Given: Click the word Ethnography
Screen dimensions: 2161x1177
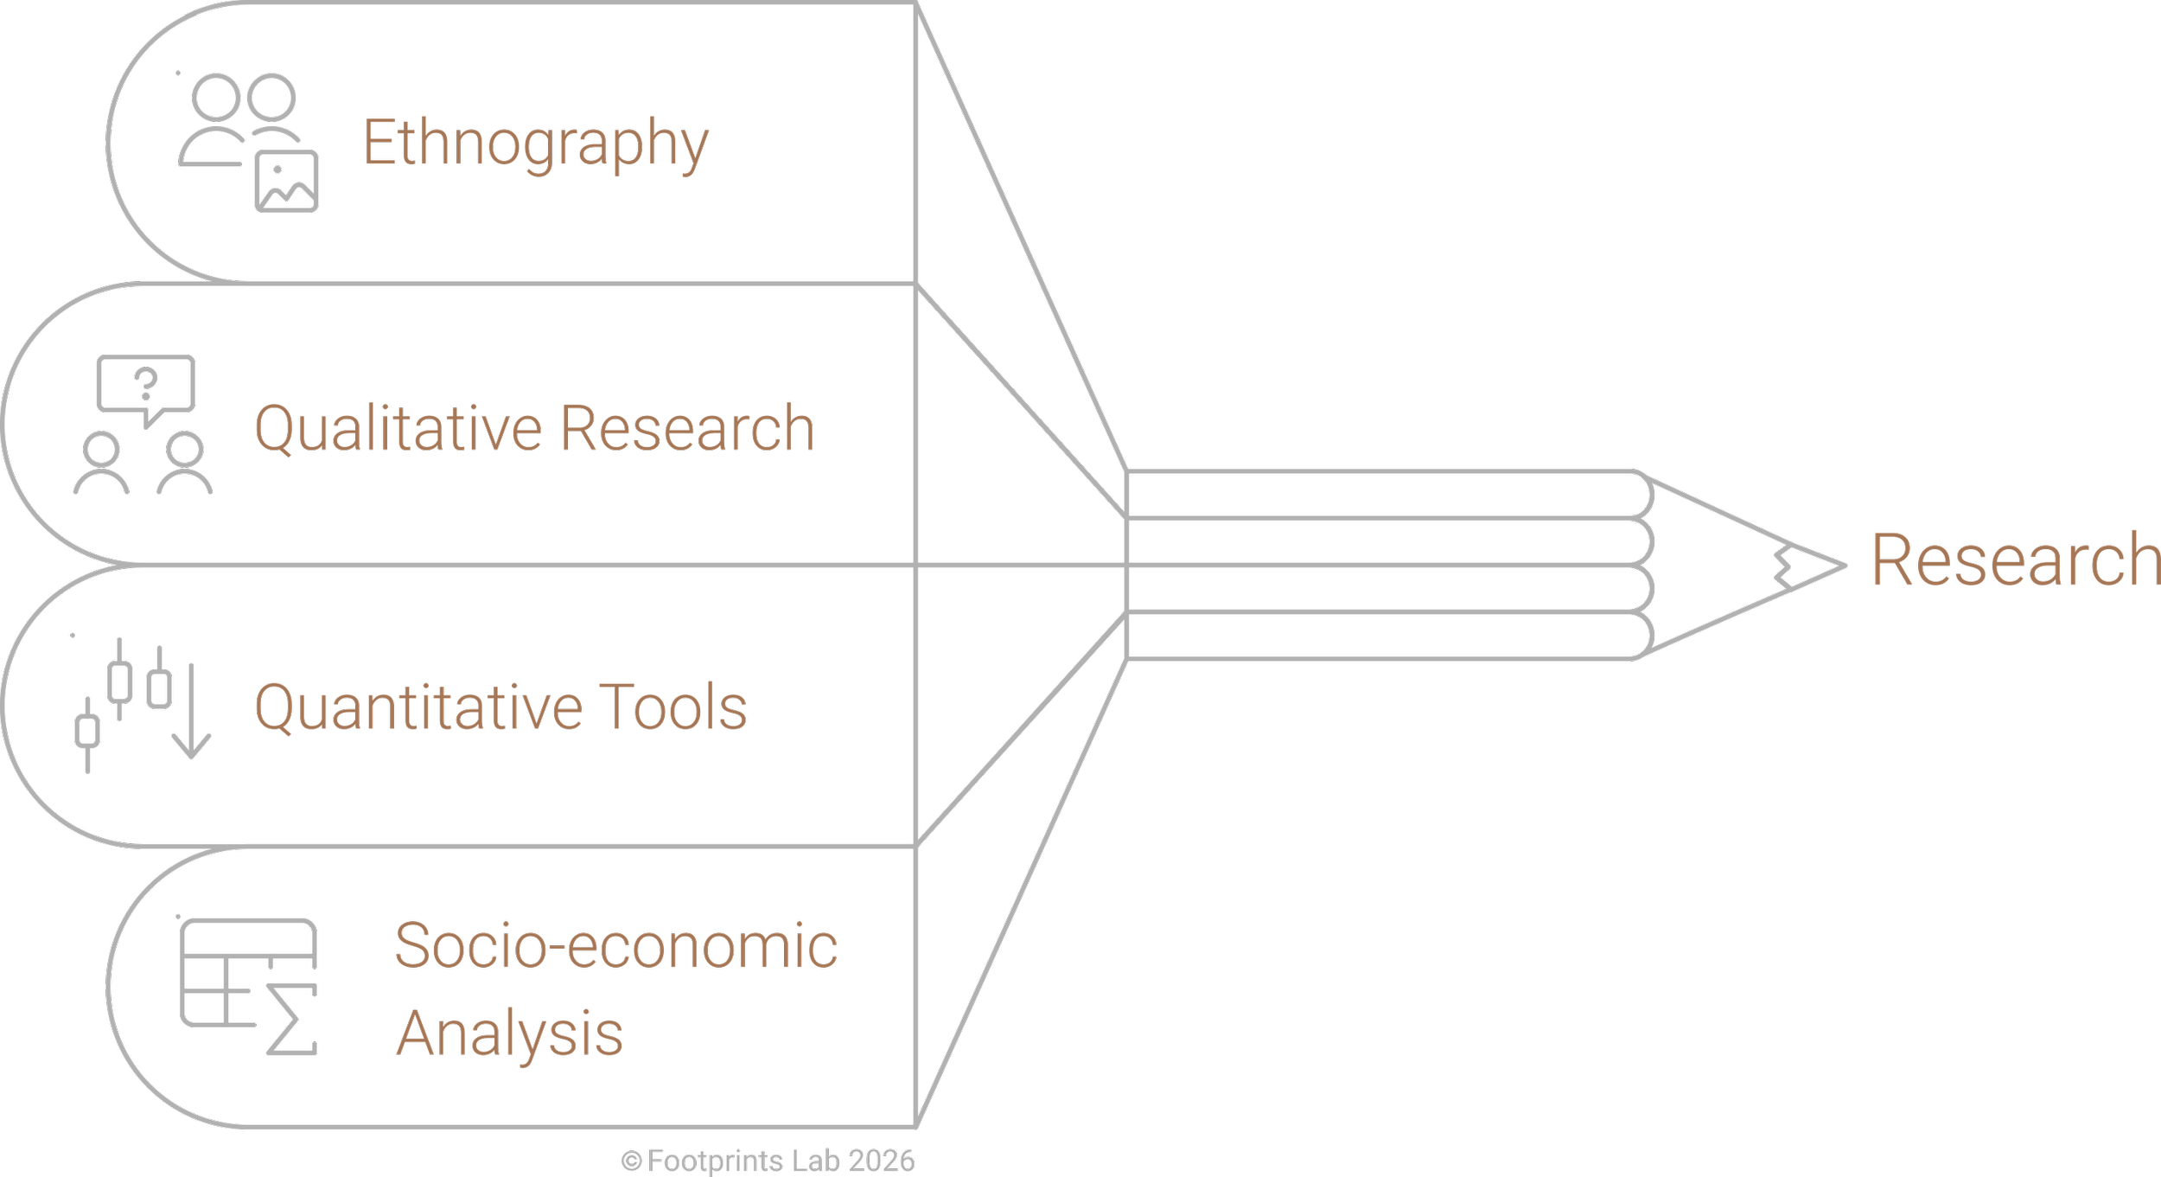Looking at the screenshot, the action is point(535,144).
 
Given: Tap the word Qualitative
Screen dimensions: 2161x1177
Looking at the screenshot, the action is point(398,429).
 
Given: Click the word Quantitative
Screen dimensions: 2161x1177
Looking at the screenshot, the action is point(418,708).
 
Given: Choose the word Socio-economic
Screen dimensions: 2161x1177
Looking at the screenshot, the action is point(615,946).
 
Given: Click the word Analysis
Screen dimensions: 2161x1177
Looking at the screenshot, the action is point(509,1033).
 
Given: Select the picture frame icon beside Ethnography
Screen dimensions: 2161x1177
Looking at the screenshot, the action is point(286,181).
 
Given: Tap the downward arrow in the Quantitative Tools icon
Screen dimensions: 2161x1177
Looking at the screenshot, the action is point(191,713).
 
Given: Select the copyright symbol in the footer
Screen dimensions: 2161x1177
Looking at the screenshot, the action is point(631,1161).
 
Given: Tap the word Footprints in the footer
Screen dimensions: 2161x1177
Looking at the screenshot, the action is point(715,1161).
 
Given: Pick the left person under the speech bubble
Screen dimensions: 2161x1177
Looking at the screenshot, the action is point(101,464).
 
